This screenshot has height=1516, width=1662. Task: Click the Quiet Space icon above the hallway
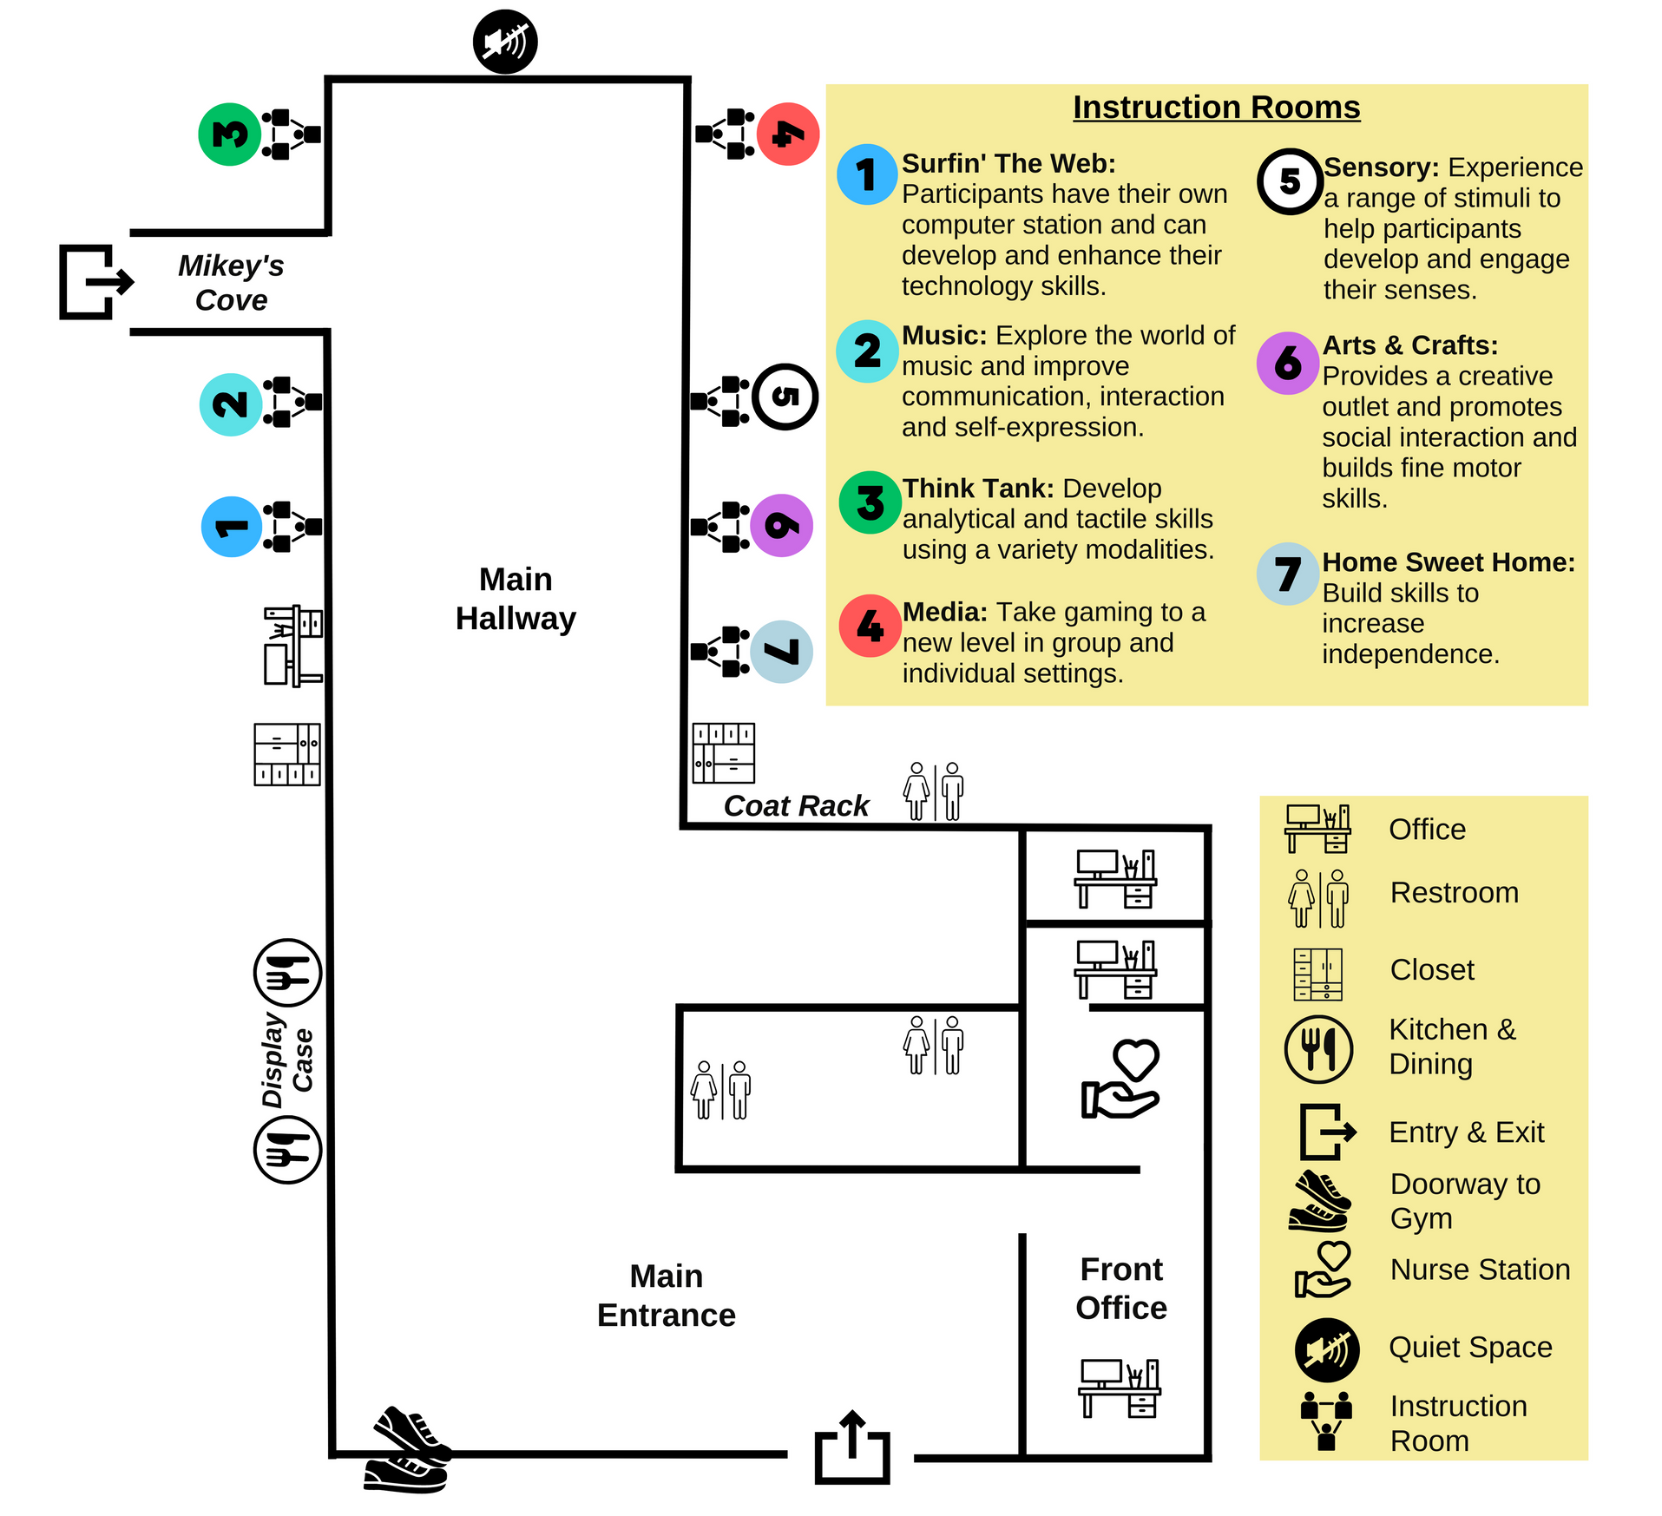point(505,42)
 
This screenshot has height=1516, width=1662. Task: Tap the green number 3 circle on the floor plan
point(230,135)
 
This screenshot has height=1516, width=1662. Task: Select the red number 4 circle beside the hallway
point(788,135)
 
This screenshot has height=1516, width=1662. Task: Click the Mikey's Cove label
point(231,283)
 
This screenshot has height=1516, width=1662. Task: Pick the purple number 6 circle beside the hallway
point(782,525)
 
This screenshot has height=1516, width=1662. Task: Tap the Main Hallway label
point(516,599)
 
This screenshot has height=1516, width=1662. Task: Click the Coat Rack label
point(796,805)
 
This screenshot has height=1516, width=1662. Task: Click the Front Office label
point(1121,1289)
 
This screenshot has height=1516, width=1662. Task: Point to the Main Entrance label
point(667,1296)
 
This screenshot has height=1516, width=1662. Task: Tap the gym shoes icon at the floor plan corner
point(408,1449)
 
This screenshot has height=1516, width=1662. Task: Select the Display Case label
point(287,1060)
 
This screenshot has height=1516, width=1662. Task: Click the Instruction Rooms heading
point(1216,108)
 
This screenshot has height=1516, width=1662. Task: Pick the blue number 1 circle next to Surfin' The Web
point(867,174)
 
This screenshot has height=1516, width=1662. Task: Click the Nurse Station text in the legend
point(1480,1270)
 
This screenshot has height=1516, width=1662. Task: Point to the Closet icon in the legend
point(1317,975)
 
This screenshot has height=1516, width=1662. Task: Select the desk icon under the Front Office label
point(1120,1388)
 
